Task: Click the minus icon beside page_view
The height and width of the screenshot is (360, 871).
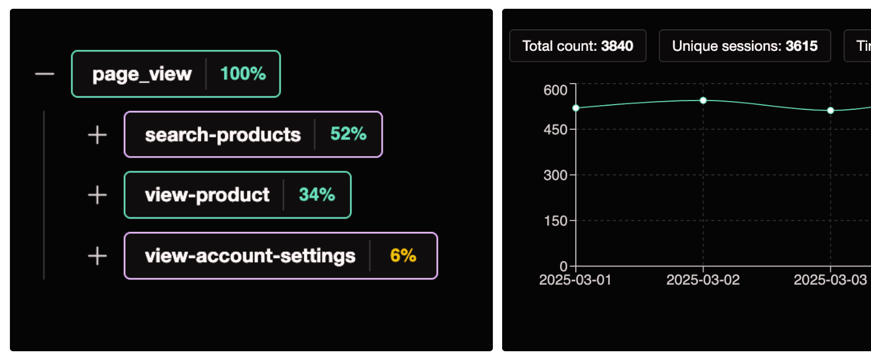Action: pos(44,74)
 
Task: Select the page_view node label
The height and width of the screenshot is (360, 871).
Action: pos(142,74)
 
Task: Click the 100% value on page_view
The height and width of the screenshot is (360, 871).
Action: pos(243,74)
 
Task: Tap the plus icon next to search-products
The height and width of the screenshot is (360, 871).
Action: pos(97,135)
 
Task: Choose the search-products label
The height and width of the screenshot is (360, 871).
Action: pos(223,135)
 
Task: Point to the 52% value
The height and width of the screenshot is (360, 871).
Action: pos(348,134)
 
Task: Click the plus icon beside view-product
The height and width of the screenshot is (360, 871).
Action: pos(97,195)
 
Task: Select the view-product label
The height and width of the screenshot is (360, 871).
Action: pos(207,195)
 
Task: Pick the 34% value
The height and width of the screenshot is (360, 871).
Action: pos(317,195)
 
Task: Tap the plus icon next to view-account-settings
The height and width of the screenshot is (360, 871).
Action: pos(97,256)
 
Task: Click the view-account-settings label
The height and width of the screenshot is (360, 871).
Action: pos(250,256)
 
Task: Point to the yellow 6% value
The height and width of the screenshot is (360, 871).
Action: pos(403,256)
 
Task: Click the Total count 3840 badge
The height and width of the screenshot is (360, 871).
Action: pos(578,46)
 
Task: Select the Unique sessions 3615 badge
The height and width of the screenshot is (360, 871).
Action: pos(745,46)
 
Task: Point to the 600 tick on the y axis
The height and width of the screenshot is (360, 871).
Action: pos(555,90)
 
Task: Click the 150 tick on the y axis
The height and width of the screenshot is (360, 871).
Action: pos(555,221)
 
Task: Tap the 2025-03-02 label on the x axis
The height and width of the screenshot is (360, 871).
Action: pos(703,280)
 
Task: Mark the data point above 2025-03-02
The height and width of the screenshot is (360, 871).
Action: pos(703,101)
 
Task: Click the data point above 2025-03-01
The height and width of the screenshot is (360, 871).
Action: pos(576,108)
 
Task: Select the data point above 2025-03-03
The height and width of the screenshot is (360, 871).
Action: pos(830,110)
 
